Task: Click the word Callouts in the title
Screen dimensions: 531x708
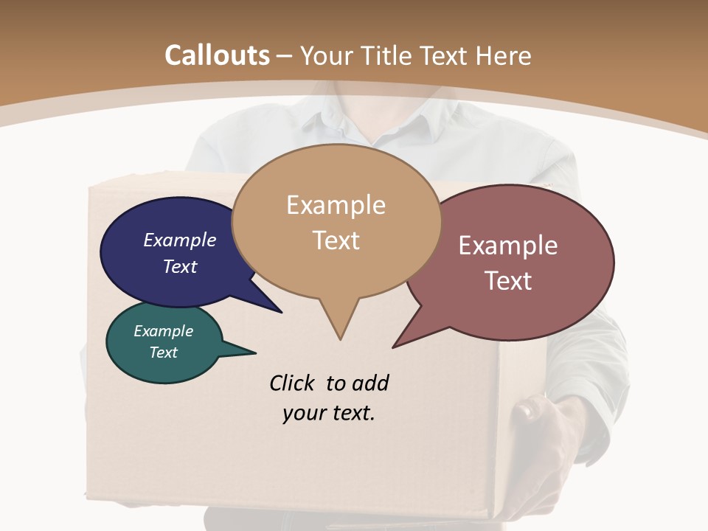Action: [x=217, y=55]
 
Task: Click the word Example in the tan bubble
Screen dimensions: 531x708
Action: [x=336, y=205]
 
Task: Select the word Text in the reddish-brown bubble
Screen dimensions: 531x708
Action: [x=508, y=281]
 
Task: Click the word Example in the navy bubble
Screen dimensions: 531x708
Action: [x=179, y=240]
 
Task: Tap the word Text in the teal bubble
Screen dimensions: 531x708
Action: [x=164, y=353]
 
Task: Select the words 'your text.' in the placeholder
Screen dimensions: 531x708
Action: [x=329, y=413]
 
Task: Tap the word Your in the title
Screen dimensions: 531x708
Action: [x=328, y=55]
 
